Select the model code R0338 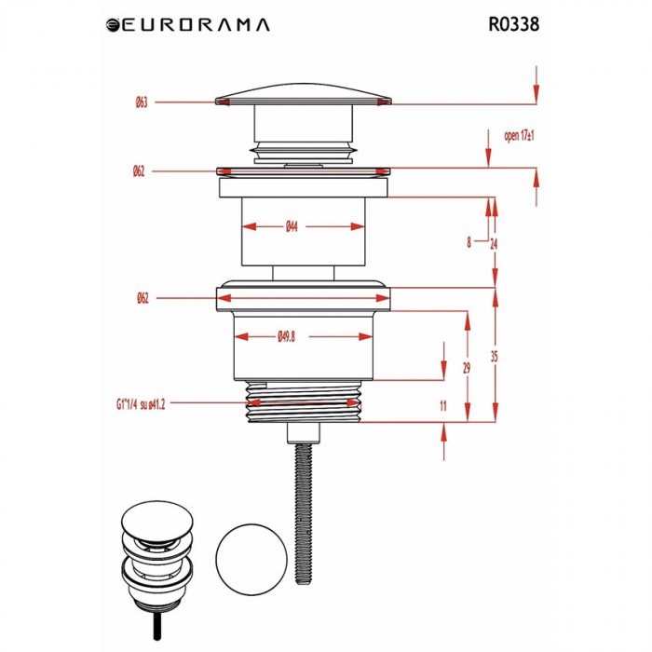click(x=513, y=24)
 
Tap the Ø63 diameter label click(x=142, y=102)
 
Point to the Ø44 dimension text click(x=291, y=226)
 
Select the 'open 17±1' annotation click(x=518, y=136)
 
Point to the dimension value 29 click(x=467, y=369)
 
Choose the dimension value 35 click(x=494, y=356)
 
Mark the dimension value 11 click(x=442, y=407)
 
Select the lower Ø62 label click(x=142, y=298)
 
